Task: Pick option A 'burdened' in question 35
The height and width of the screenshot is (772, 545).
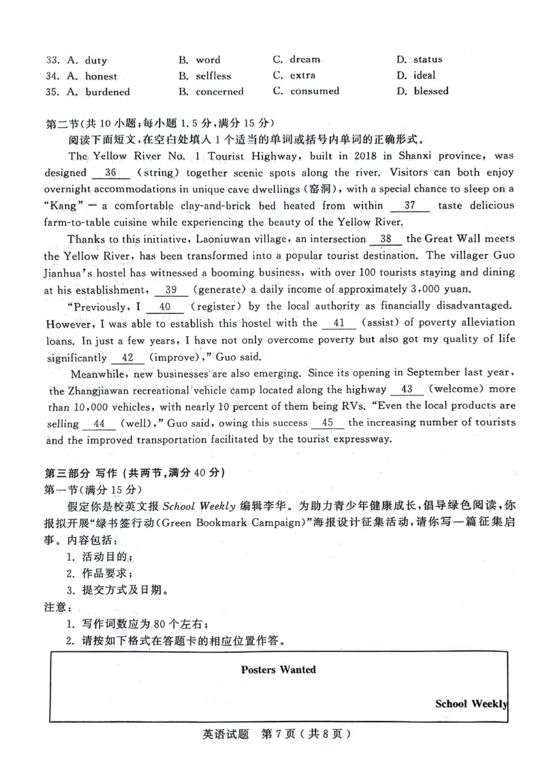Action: click(107, 92)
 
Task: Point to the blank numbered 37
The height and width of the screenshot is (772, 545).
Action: click(411, 205)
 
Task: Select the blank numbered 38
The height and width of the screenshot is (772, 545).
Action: click(386, 239)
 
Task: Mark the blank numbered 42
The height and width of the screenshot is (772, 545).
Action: click(127, 357)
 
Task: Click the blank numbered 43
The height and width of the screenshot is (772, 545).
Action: click(407, 389)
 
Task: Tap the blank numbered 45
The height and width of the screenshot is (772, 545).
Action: click(328, 423)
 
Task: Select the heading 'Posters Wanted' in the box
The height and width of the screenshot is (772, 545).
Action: click(279, 670)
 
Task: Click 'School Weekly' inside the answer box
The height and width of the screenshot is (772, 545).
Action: click(471, 704)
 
